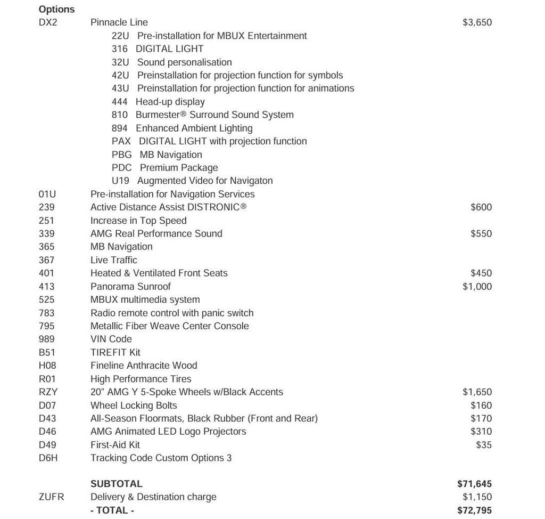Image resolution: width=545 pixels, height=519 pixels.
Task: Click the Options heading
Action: click(56, 9)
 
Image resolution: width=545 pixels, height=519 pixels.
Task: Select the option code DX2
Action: click(48, 22)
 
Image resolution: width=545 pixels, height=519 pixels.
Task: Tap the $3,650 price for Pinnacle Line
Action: click(477, 22)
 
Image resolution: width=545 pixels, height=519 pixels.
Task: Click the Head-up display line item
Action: click(170, 102)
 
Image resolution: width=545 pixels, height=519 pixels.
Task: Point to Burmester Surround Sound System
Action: click(214, 115)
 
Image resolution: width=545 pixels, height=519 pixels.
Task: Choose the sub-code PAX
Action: click(121, 141)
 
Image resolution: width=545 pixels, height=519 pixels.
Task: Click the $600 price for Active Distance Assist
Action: click(481, 207)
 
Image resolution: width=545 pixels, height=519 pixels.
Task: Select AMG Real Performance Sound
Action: click(156, 233)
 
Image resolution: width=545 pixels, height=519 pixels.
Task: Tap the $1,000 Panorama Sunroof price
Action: click(477, 286)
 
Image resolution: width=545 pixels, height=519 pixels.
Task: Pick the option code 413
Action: click(46, 286)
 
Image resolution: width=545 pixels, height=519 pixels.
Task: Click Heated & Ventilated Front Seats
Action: click(159, 273)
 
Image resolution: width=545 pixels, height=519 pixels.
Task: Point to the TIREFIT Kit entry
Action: click(115, 352)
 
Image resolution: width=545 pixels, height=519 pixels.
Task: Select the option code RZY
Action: click(48, 392)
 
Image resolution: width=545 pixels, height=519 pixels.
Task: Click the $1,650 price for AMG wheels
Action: click(477, 392)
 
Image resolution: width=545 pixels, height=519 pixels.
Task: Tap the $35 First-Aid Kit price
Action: click(484, 444)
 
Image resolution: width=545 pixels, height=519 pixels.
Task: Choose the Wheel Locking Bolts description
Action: click(134, 405)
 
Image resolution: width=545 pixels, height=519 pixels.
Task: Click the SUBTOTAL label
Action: click(116, 484)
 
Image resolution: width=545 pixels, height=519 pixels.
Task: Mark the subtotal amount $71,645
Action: click(474, 484)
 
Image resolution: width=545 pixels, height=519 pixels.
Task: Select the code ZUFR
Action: click(51, 497)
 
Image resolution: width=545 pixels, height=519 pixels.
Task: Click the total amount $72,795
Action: click(474, 510)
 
